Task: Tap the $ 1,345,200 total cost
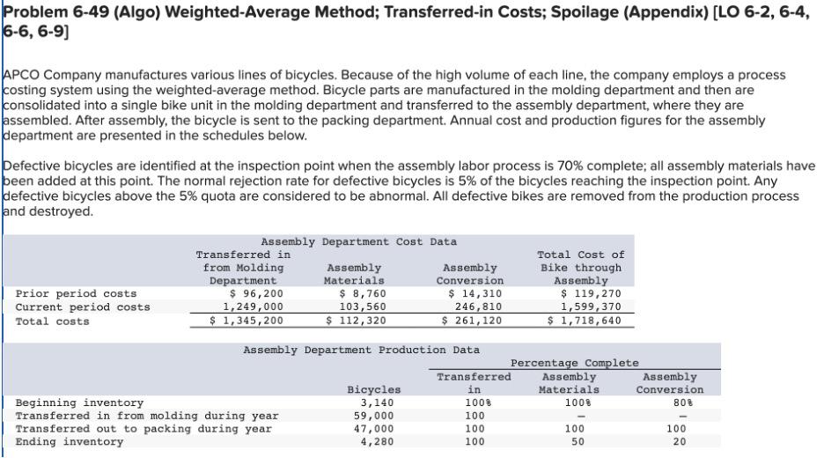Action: click(242, 321)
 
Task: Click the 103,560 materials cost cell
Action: click(362, 307)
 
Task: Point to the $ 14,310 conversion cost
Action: click(476, 293)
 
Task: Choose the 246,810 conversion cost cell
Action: click(479, 307)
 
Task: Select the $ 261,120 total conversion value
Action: click(474, 321)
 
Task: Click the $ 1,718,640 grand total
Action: click(585, 321)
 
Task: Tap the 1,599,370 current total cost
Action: click(591, 307)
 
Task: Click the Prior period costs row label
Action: click(77, 293)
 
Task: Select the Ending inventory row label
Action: click(70, 441)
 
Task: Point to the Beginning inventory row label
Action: click(80, 403)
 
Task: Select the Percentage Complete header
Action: click(574, 363)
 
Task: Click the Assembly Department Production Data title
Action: click(362, 351)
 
